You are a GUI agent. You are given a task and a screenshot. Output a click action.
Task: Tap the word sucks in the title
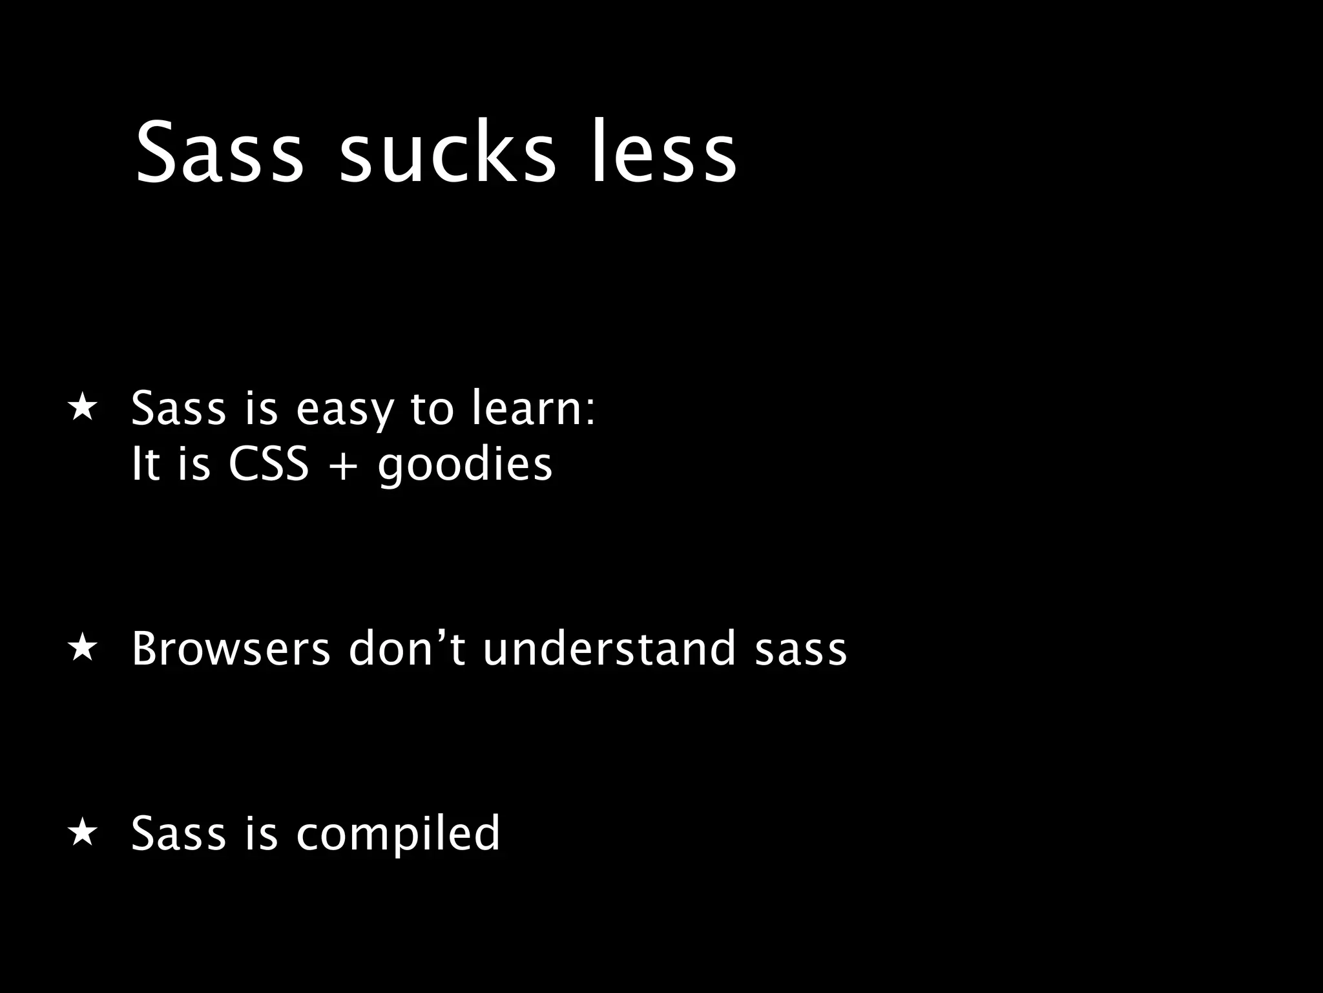click(x=447, y=153)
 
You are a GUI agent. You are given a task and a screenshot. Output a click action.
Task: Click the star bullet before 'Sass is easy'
click(x=83, y=408)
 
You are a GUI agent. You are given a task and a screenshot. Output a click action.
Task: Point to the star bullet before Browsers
click(x=83, y=648)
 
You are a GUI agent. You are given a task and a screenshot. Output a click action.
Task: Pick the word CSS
click(x=269, y=464)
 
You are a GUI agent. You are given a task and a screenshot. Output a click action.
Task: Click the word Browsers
click(x=231, y=648)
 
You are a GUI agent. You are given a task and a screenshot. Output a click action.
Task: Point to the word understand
click(x=609, y=648)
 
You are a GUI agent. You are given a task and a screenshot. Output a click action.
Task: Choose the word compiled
click(x=398, y=834)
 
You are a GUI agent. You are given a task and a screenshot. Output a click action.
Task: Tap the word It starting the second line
click(x=145, y=464)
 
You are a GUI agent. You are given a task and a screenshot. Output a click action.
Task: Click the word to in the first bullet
click(x=432, y=410)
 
